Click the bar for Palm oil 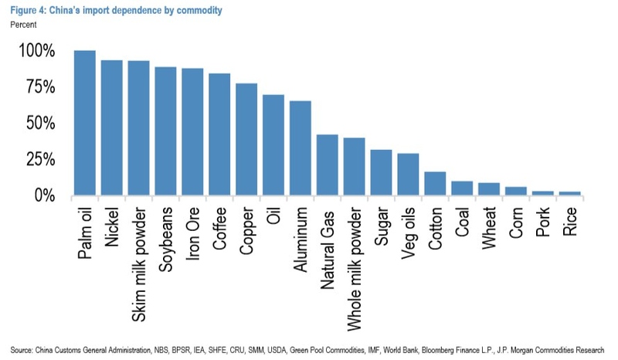point(84,123)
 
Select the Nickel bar point(111,127)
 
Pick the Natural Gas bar point(327,165)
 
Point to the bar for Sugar point(381,172)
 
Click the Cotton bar point(435,183)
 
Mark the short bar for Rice point(569,193)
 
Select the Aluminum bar point(300,148)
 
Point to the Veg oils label point(409,231)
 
